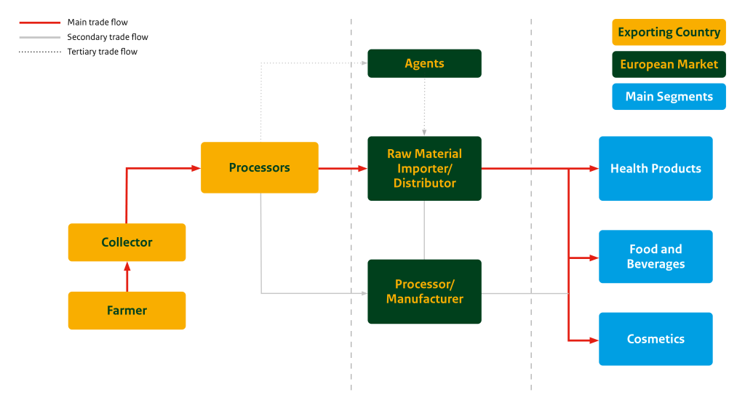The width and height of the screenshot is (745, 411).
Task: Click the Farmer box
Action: coord(127,311)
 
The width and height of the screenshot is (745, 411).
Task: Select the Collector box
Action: coord(127,242)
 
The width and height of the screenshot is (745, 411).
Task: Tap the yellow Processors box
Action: coord(259,167)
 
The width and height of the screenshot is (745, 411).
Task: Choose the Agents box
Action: coord(424,63)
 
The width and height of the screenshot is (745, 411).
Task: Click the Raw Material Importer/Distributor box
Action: coord(424,168)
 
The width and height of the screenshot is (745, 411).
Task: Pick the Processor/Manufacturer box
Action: coord(424,292)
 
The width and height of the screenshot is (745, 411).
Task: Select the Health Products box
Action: coord(656,168)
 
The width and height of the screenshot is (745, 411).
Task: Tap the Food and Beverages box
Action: coord(656,257)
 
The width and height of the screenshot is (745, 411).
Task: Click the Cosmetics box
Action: coord(656,339)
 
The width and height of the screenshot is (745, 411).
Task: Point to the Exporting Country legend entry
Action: coord(669,32)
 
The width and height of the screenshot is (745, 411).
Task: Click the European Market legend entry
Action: coord(669,64)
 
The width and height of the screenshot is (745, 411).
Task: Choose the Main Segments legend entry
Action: coord(669,97)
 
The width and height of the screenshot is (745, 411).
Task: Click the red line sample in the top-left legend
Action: coord(40,23)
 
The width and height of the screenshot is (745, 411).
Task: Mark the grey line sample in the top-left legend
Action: coord(40,37)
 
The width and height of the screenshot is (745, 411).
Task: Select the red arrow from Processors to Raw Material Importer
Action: coord(343,168)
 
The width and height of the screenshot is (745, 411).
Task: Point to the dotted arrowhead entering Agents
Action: coord(364,63)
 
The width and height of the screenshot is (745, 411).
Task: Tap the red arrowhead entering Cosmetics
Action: coord(594,340)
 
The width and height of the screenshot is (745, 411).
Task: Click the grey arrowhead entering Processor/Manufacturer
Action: coord(364,293)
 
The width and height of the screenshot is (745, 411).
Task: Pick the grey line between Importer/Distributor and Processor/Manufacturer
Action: coord(424,230)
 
